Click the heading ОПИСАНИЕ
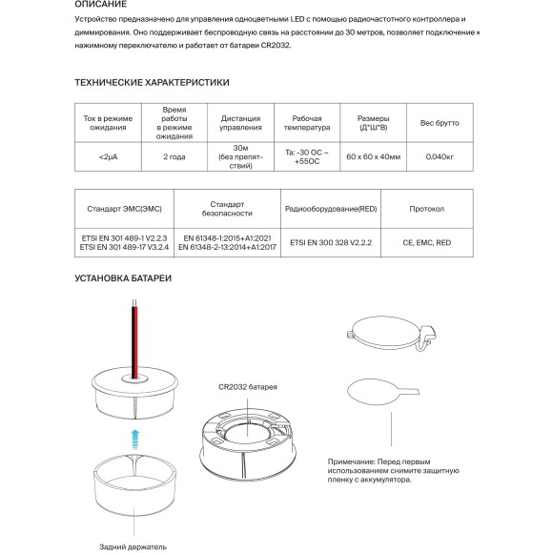(100, 4)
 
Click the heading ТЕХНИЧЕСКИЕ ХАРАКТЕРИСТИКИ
(152, 83)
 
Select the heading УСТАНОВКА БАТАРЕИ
(123, 278)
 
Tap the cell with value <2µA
(108, 157)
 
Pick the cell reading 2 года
(174, 157)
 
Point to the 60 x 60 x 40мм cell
(373, 157)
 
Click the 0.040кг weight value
(440, 157)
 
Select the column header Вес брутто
(440, 123)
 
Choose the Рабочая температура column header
(307, 123)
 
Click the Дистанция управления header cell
(240, 123)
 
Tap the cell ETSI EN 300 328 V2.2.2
(331, 242)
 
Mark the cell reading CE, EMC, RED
(427, 242)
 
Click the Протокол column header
(427, 209)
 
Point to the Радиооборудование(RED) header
(331, 209)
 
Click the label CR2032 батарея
(248, 387)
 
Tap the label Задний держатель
(133, 547)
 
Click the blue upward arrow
(135, 440)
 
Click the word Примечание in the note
(351, 462)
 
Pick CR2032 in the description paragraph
(276, 46)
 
